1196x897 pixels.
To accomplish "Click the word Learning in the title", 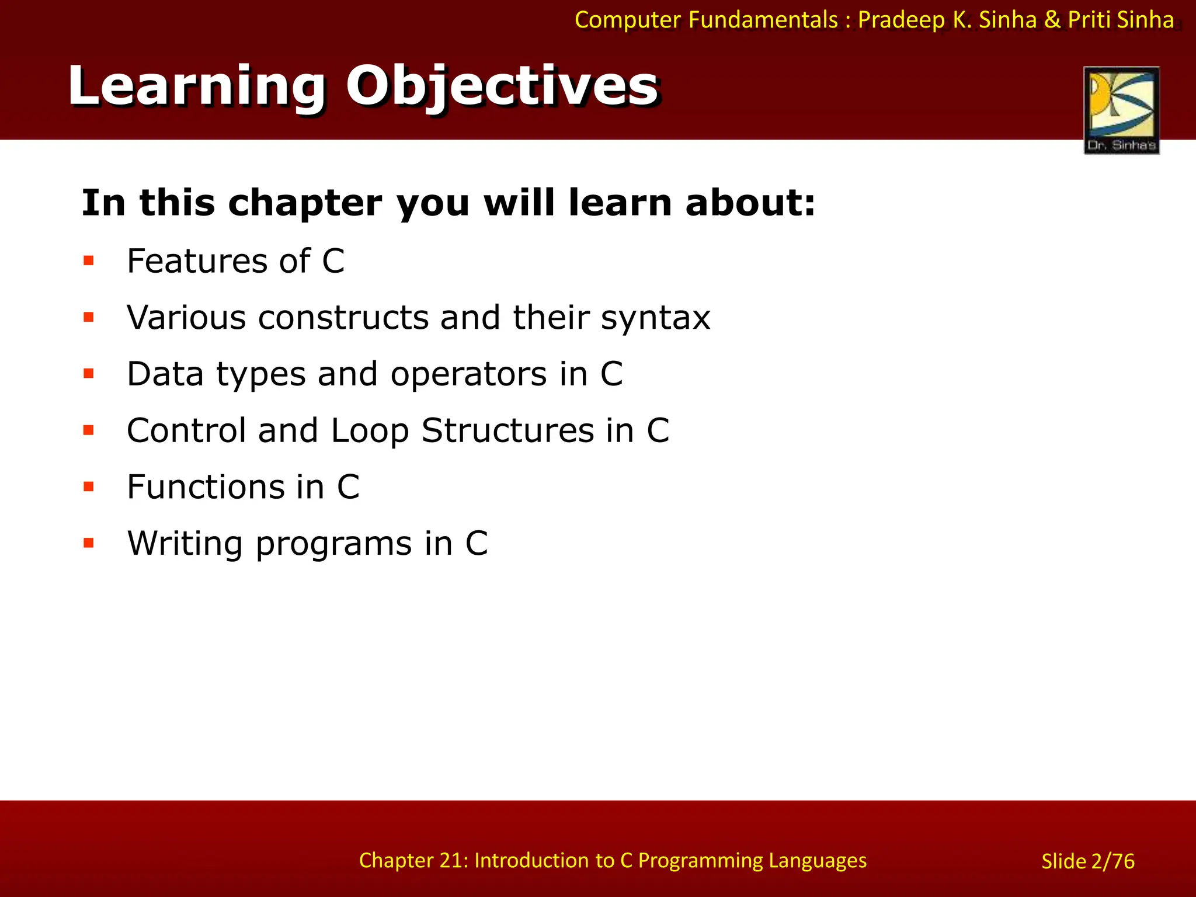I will point(196,86).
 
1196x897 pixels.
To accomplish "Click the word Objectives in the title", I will point(502,86).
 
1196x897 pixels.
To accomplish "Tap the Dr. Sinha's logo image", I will point(1121,110).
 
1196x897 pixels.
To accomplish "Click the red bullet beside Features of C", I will point(89,260).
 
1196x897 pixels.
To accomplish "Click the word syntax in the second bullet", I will point(655,318).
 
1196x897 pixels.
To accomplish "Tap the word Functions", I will point(225,487).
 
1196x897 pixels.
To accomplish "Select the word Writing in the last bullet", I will point(185,544).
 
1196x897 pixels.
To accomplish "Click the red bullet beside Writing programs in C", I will point(89,544).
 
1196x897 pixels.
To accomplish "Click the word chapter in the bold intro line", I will point(305,203).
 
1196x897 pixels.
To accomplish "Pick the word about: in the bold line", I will point(750,203).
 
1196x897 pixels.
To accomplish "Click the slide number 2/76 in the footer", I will point(1112,861).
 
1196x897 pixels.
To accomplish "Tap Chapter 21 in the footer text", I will point(413,860).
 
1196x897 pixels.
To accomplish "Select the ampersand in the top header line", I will point(1052,20).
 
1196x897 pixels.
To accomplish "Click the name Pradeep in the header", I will point(901,20).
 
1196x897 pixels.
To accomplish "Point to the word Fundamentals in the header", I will point(763,20).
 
